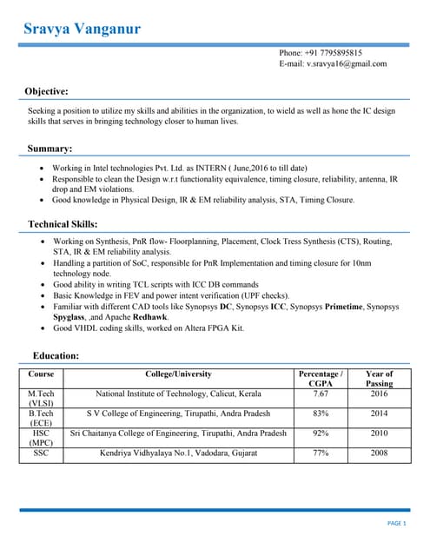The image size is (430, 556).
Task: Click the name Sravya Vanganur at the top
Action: (x=83, y=30)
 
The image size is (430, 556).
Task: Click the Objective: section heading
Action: (x=46, y=91)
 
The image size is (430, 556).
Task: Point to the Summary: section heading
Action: (x=50, y=149)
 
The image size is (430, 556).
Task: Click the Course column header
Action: (x=41, y=374)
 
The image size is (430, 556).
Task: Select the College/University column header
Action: (x=178, y=374)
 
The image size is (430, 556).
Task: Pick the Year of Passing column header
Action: (x=379, y=379)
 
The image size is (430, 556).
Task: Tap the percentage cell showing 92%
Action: (x=320, y=433)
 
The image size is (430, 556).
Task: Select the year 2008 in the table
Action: (x=379, y=453)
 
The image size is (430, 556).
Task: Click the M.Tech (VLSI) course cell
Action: (x=41, y=399)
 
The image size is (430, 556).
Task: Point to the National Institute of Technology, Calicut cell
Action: (x=178, y=394)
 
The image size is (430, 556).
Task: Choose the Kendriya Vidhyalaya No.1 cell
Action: (x=178, y=453)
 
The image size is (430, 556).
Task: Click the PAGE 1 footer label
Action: (x=397, y=523)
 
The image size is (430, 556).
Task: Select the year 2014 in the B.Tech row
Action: (x=379, y=414)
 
